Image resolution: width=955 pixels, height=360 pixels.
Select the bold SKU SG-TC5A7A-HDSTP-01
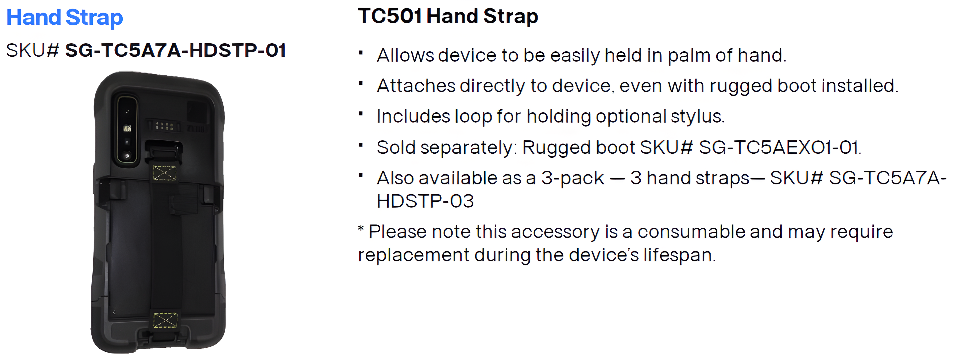tap(175, 51)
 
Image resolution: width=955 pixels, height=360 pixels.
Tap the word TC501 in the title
tap(390, 16)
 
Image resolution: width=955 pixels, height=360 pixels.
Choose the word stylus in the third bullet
tap(697, 117)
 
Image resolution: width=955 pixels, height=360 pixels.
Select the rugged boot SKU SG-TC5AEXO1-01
tap(780, 148)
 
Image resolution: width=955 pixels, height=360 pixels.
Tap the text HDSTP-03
tap(425, 201)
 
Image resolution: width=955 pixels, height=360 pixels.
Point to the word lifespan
tap(679, 256)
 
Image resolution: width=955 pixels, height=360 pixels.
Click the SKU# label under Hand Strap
tap(33, 51)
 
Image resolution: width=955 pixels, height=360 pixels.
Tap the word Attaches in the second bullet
tap(416, 86)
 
